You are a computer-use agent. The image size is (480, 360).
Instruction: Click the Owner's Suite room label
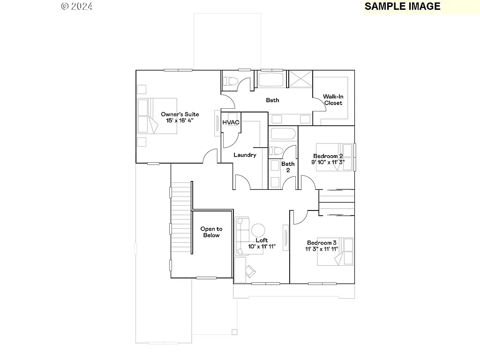tap(180, 114)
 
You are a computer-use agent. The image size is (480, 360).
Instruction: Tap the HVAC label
tap(231, 122)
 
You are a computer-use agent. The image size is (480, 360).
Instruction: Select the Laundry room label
tap(245, 155)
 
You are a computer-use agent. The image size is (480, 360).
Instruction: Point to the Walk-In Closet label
tap(333, 100)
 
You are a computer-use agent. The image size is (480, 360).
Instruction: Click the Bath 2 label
tap(288, 167)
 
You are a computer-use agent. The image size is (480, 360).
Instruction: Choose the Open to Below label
tap(211, 232)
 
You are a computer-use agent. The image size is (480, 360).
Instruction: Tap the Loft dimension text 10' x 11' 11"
tap(262, 247)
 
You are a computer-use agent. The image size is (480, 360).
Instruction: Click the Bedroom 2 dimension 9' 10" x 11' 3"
tap(328, 162)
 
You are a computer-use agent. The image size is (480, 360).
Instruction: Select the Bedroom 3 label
tap(322, 243)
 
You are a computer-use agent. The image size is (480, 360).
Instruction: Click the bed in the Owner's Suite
tap(157, 116)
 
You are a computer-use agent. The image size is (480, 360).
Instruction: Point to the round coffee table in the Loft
tap(258, 230)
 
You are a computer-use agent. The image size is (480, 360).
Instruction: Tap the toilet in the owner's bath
tap(230, 81)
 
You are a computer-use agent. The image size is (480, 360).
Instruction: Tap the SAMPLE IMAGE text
tap(402, 6)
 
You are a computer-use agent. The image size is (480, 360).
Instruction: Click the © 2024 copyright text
tap(77, 6)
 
